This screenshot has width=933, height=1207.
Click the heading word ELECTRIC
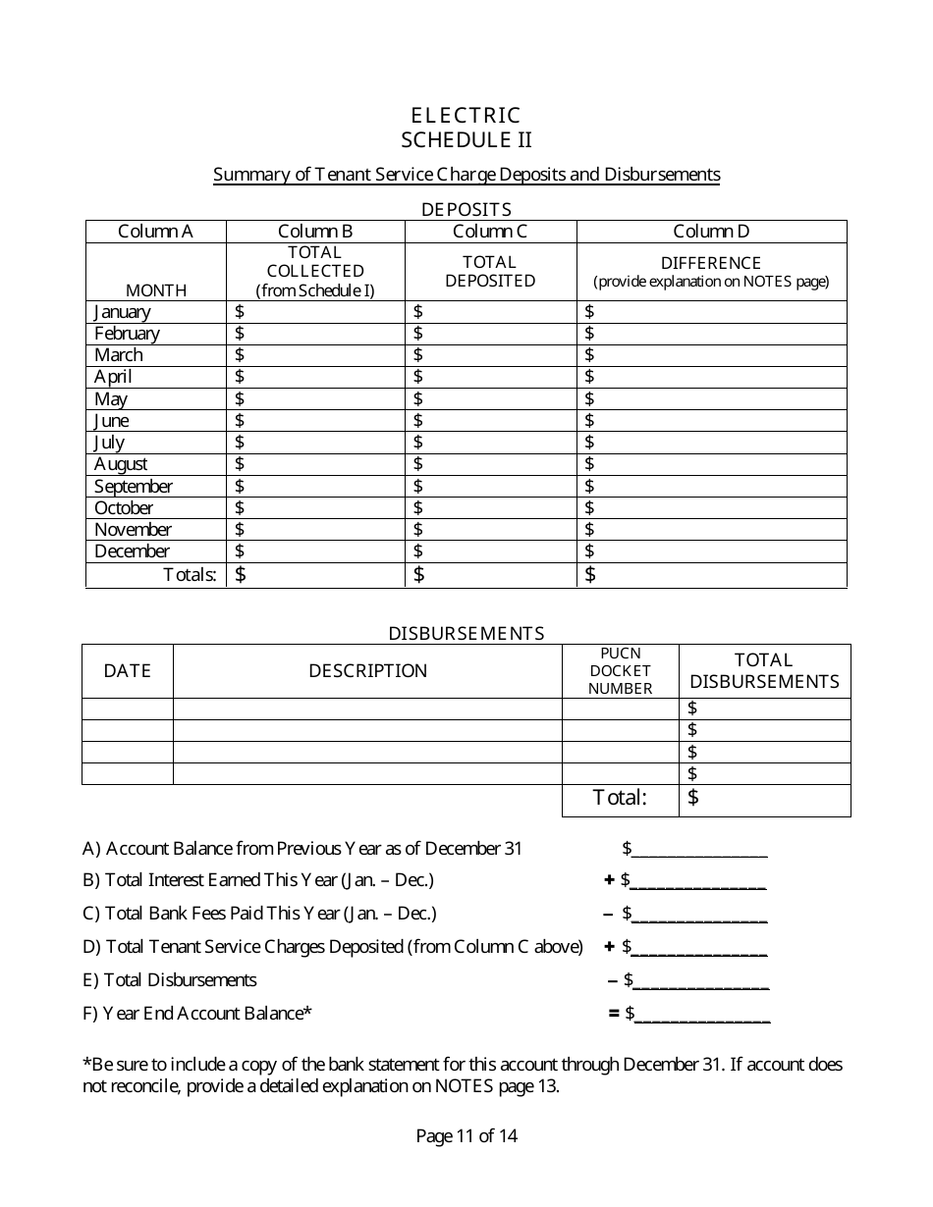[x=466, y=116]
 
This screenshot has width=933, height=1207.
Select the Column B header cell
[x=315, y=232]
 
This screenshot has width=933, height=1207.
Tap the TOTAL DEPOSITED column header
[x=490, y=271]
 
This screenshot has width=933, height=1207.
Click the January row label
[x=123, y=312]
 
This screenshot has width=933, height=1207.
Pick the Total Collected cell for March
[x=315, y=355]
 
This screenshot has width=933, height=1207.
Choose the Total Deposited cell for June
[x=490, y=421]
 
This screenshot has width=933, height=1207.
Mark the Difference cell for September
[x=711, y=486]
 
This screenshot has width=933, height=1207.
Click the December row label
[x=132, y=551]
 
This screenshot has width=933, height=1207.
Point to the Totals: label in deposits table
[x=190, y=575]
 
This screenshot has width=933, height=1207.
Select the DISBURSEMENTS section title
[x=466, y=633]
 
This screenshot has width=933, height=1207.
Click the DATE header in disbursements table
[x=128, y=671]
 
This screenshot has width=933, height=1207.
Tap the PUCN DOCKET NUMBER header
[x=620, y=671]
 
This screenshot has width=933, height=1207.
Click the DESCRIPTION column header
[x=367, y=671]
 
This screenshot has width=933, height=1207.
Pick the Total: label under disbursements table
[x=620, y=798]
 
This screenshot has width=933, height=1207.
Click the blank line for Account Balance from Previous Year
[x=699, y=850]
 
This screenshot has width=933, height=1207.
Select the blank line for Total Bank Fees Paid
[x=699, y=916]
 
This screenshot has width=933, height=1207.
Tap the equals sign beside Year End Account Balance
[x=614, y=1013]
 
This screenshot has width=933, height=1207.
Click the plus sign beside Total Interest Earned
[x=609, y=880]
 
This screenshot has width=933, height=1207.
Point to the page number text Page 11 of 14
[x=466, y=1136]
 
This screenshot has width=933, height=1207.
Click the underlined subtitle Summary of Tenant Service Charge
[x=466, y=175]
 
